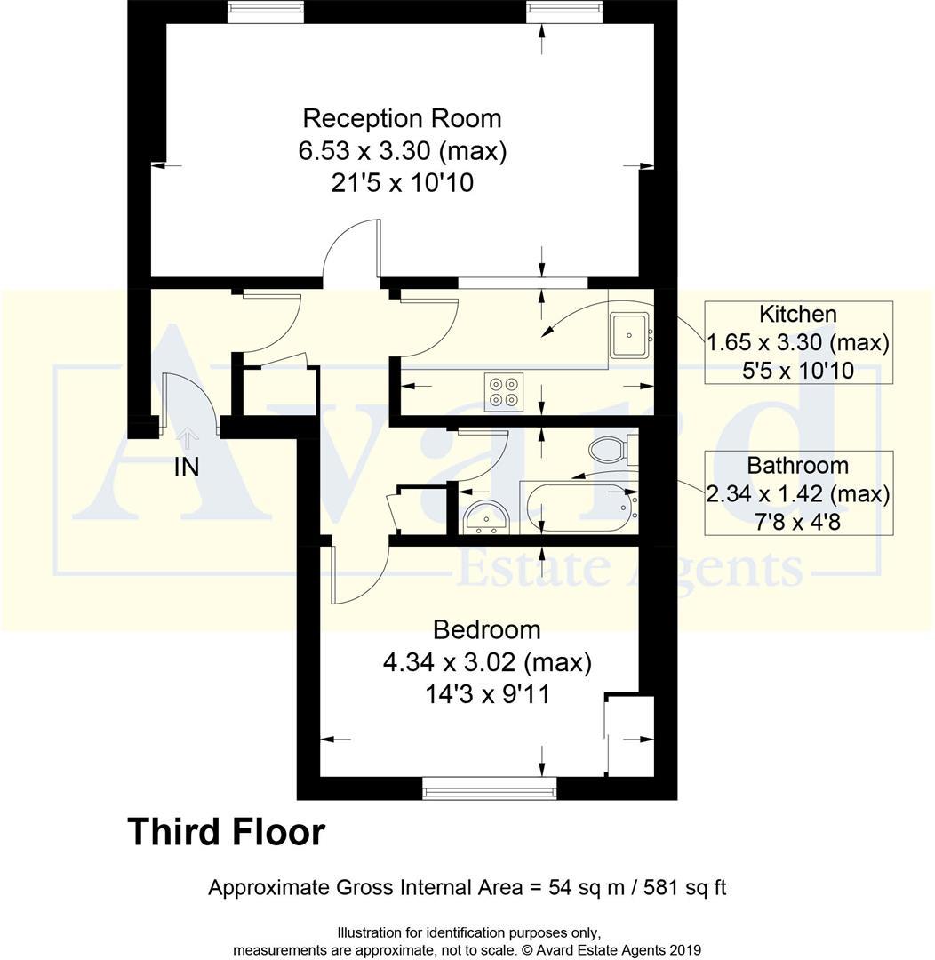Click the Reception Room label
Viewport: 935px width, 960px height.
[x=402, y=118]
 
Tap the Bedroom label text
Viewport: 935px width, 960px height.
[x=486, y=630]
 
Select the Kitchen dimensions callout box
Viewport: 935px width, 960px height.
[x=798, y=342]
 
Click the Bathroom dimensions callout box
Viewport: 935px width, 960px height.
[x=798, y=493]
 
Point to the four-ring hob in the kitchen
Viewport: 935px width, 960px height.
[x=504, y=391]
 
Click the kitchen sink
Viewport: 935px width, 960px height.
[x=629, y=335]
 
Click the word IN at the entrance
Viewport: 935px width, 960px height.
[x=186, y=467]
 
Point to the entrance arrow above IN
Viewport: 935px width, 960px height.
[x=187, y=437]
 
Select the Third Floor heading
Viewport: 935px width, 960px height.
[x=227, y=833]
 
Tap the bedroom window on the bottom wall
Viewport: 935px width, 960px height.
[x=489, y=788]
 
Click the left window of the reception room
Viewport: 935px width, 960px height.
[x=265, y=12]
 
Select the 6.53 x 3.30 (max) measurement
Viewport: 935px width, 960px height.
[x=402, y=151]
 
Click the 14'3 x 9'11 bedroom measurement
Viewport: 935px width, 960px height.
[x=486, y=694]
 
